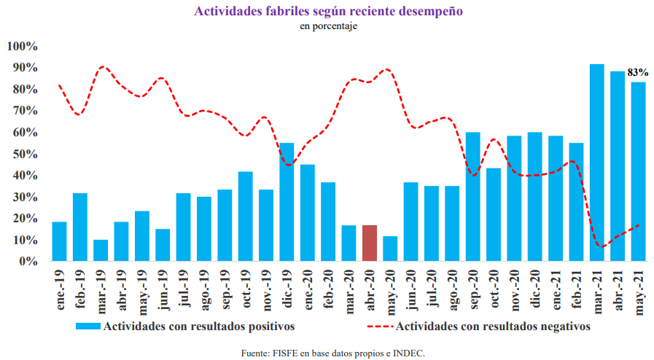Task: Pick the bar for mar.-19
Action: (x=101, y=250)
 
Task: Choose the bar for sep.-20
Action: (x=472, y=197)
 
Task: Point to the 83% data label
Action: (x=638, y=73)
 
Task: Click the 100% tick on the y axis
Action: (x=22, y=47)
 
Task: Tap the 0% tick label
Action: (x=28, y=261)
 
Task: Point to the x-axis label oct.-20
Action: (x=494, y=291)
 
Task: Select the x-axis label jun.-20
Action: (x=411, y=291)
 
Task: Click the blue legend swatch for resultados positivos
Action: (x=88, y=326)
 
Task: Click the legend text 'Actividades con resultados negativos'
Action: (x=493, y=326)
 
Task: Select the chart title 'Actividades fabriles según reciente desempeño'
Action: (x=327, y=12)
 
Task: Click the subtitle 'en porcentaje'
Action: (x=327, y=26)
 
